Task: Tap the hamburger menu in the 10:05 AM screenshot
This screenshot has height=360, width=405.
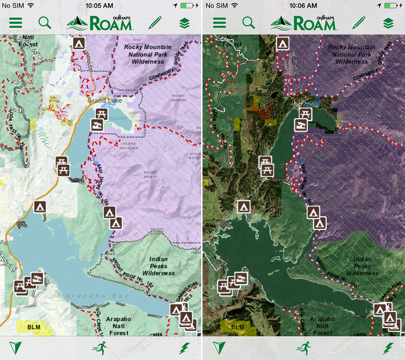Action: tap(15, 23)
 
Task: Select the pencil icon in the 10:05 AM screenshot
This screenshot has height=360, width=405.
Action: tap(155, 23)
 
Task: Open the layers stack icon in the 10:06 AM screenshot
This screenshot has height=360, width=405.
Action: tap(388, 23)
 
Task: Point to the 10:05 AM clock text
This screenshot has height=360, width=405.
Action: tap(100, 6)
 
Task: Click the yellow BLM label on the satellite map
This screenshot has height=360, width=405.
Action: tap(238, 327)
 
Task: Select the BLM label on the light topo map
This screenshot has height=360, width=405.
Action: tap(34, 327)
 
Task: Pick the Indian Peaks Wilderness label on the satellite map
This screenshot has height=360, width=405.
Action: tap(362, 266)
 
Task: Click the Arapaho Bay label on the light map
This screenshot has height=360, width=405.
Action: tap(97, 296)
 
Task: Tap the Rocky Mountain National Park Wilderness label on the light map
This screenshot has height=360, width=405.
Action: tap(147, 54)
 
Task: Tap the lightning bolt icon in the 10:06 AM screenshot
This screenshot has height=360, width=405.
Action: tap(388, 348)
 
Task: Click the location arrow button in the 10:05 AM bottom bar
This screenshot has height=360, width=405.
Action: tap(15, 348)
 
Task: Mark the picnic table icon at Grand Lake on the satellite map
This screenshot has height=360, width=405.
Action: tap(305, 114)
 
